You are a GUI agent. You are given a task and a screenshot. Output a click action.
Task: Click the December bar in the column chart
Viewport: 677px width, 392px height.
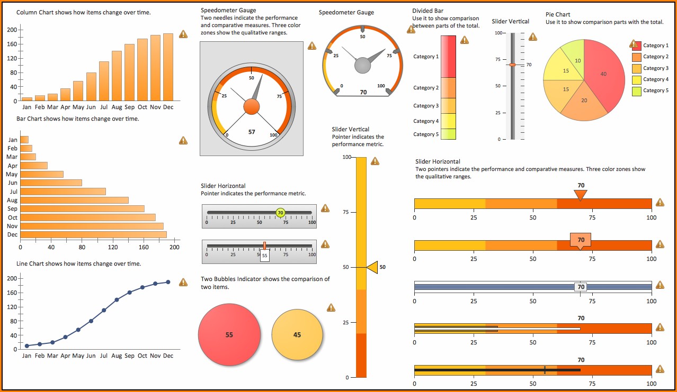coord(168,67)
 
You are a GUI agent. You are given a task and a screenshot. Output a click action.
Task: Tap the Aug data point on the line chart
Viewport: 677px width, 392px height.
coord(117,299)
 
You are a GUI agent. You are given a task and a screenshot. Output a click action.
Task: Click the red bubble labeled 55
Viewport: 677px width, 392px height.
coord(229,334)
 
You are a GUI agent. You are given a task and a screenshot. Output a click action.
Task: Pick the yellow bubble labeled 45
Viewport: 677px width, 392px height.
coord(297,334)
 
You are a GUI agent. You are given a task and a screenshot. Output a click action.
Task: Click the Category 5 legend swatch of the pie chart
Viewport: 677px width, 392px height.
coord(637,91)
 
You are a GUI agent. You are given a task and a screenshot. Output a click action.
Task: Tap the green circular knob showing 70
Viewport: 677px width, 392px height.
coord(280,213)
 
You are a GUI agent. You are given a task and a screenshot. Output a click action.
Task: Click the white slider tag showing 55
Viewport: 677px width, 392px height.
coord(264,256)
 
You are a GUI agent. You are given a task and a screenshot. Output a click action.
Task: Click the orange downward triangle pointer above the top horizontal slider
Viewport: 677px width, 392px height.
coord(581,195)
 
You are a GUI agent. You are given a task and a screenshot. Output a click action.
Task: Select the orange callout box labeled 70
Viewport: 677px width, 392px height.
coord(581,240)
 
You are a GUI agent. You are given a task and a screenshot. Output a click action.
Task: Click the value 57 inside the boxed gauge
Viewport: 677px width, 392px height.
coord(252,132)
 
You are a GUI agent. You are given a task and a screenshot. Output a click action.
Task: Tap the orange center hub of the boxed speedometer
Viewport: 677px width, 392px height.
coord(252,107)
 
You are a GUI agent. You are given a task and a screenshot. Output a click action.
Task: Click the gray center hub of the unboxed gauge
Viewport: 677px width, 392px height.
coord(363,66)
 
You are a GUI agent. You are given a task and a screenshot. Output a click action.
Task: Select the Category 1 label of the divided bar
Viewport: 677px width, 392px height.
coord(426,57)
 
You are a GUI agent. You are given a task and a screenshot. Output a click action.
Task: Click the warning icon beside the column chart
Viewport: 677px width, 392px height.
coord(183,34)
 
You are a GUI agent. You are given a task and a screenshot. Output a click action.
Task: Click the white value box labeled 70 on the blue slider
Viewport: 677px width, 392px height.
coord(581,287)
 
